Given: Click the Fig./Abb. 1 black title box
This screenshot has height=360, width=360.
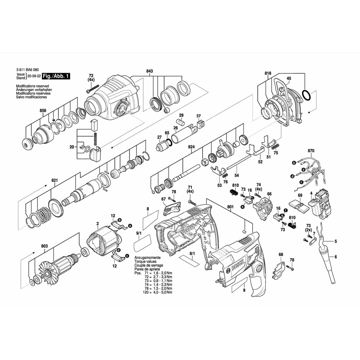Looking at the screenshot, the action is point(56,76).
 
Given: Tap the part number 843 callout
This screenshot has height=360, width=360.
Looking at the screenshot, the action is point(149,71).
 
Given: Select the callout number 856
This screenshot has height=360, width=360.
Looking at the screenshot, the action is point(43,111).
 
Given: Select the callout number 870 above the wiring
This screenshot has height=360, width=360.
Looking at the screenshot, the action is point(311,151).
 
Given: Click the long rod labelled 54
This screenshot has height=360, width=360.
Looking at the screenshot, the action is point(239,162).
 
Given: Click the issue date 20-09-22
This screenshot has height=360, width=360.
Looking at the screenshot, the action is point(34,76).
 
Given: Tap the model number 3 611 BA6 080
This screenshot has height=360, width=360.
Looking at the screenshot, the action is point(28,70).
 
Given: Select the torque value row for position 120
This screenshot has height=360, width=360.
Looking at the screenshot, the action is point(157,292).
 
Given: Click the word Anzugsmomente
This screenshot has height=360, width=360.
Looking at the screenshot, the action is point(147,258).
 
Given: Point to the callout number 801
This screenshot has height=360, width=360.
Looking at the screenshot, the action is point(230,207).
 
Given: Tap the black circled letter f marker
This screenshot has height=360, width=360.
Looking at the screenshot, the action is point(285,210).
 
